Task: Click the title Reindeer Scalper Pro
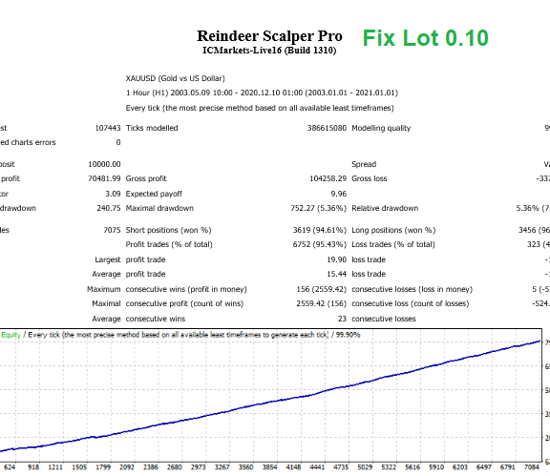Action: (269, 34)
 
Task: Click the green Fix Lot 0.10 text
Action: (425, 38)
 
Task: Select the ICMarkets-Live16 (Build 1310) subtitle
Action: (269, 51)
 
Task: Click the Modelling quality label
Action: (381, 128)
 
